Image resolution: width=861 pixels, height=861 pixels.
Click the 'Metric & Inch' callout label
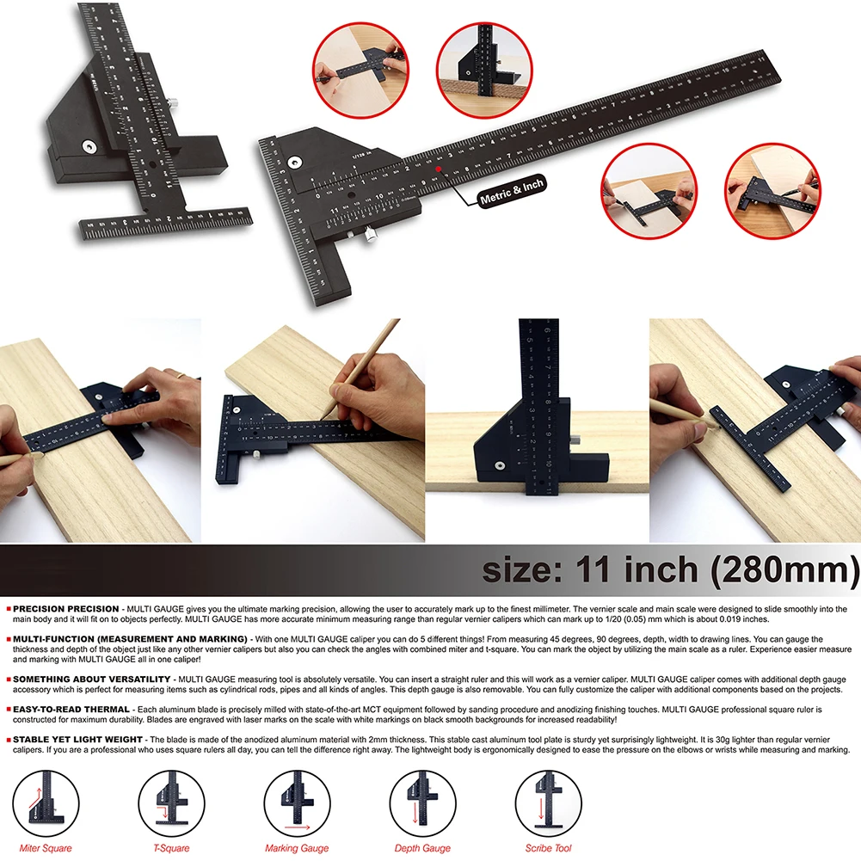pos(507,190)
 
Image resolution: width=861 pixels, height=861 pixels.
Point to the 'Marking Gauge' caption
pos(296,848)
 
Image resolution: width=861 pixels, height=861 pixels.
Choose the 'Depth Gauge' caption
pos(422,848)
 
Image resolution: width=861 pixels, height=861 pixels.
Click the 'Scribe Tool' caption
pos(548,848)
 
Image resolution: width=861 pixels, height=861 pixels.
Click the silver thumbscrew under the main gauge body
pos(371,235)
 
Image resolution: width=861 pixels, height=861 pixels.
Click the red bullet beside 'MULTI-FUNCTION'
pos(7,639)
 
